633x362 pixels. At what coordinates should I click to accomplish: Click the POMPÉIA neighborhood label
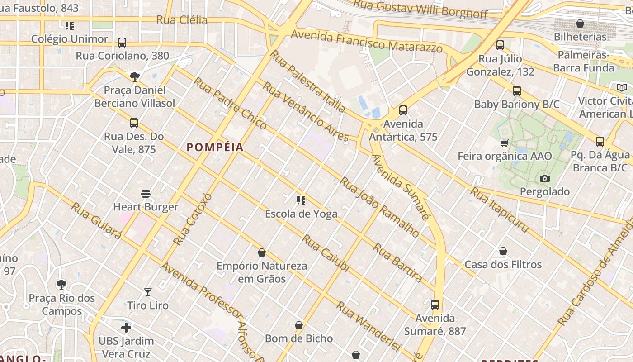pos(215,147)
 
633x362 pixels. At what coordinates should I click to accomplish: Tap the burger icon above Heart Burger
pos(146,194)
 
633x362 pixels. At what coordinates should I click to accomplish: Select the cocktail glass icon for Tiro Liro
pos(148,292)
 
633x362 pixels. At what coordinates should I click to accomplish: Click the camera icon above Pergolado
pos(545,178)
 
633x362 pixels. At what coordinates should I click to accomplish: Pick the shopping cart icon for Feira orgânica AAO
pos(505,143)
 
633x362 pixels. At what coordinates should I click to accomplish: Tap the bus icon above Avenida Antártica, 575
pos(403,110)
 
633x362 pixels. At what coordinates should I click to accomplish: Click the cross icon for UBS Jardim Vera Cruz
pos(126,327)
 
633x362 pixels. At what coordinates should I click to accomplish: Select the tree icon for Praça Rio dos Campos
pos(62,285)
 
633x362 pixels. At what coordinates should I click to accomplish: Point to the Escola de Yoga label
pos(301,214)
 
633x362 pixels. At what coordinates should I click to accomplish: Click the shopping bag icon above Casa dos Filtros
pos(503,251)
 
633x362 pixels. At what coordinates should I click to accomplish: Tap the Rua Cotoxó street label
pos(193,219)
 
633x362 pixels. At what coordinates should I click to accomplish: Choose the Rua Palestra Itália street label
pos(307,81)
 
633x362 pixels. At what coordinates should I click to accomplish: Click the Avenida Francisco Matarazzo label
pos(367,41)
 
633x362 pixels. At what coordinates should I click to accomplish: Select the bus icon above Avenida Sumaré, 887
pos(435,305)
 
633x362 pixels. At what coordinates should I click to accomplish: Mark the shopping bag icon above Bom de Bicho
pos(299,325)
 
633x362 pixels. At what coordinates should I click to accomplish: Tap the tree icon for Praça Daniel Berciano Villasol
pos(134,76)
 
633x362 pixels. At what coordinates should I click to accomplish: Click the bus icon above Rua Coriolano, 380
pos(122,43)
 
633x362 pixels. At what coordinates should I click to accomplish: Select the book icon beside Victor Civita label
pos(622,87)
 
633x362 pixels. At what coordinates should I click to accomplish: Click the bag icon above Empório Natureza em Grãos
pos(261,252)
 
